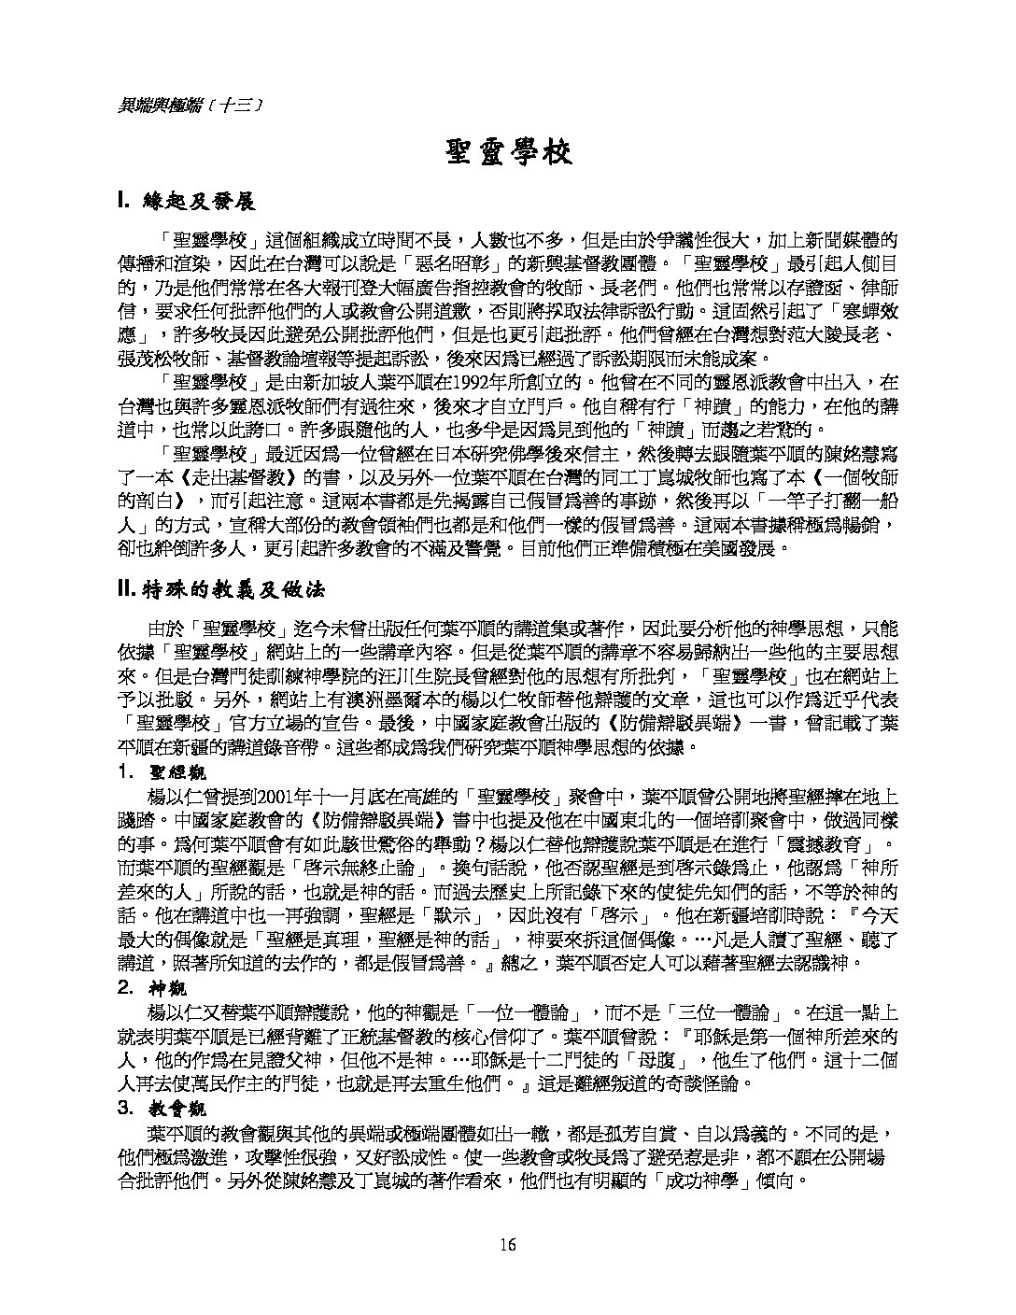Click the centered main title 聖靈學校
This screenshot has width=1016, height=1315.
(x=508, y=152)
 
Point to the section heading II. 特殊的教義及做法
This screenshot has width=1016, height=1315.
(x=220, y=590)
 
